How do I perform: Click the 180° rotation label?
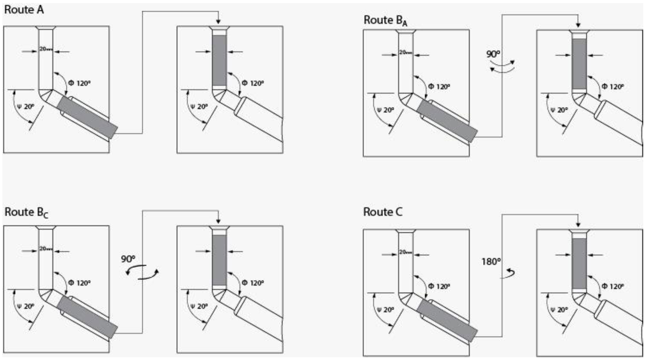[x=491, y=260]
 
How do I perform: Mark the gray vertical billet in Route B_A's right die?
[x=579, y=64]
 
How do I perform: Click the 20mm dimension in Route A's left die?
[x=46, y=48]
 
